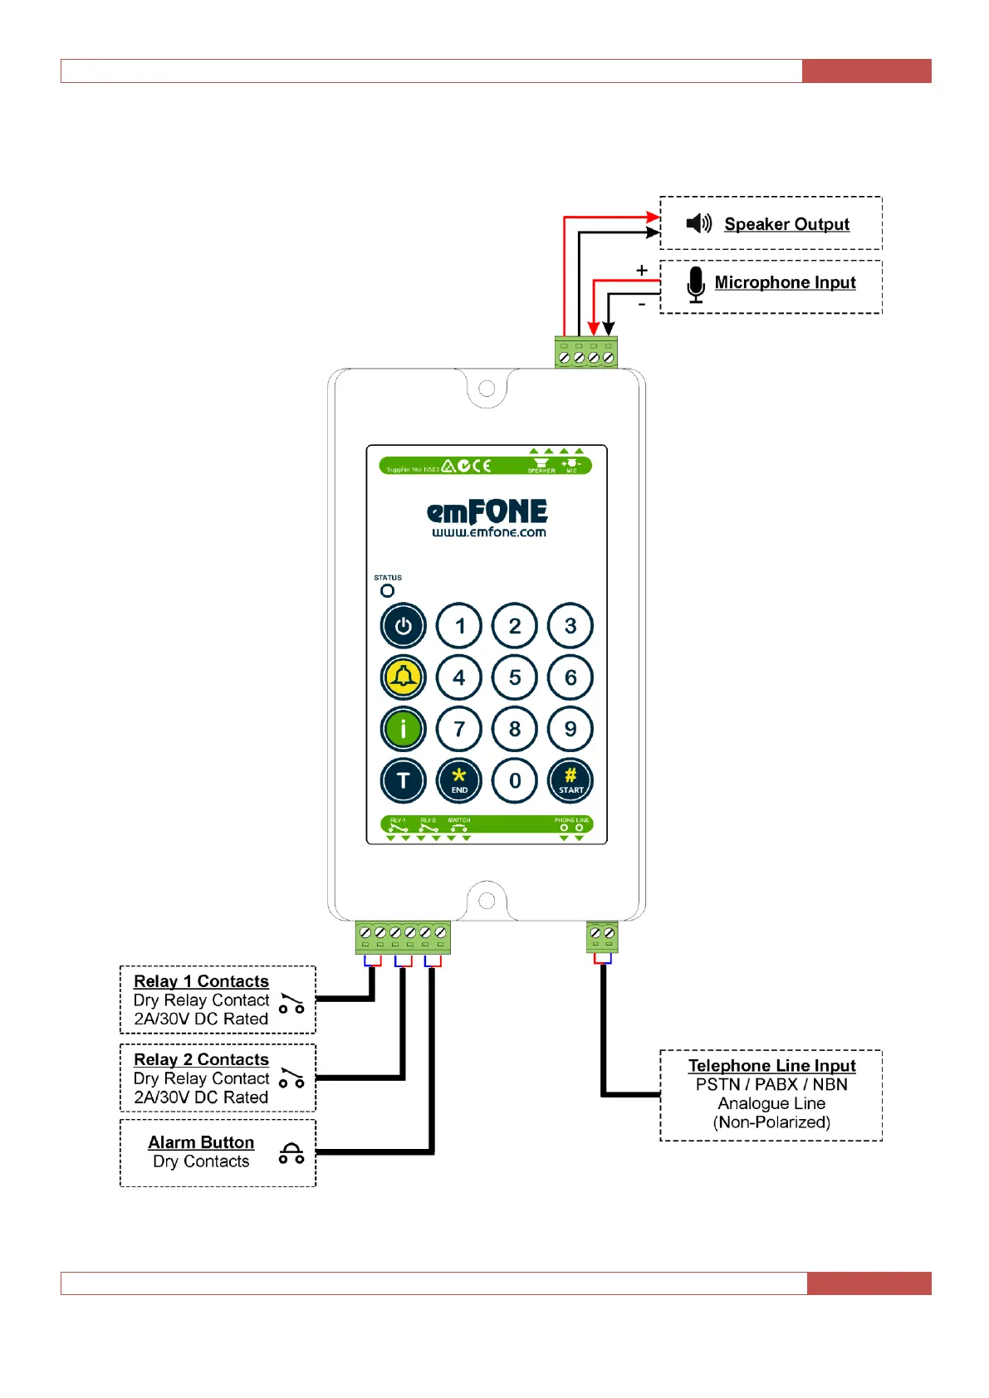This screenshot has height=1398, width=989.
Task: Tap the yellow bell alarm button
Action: tap(404, 677)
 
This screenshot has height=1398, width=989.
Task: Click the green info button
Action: tap(404, 729)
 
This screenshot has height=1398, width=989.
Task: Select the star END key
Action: tap(459, 780)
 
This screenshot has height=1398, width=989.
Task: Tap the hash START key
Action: tap(570, 780)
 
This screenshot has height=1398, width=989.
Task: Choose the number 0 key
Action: tap(515, 780)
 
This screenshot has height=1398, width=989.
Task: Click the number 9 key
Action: tap(570, 729)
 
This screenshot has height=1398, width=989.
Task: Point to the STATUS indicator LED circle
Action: tap(387, 591)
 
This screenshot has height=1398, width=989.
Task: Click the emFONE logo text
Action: tap(487, 511)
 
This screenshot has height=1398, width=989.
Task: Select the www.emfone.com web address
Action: tap(488, 533)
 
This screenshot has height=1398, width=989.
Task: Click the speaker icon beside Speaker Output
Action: tap(699, 223)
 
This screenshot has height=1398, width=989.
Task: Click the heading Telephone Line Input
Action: tap(771, 1066)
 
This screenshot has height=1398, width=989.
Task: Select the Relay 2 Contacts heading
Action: tap(201, 1059)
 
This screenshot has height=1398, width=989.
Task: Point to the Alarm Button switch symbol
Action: tap(291, 1153)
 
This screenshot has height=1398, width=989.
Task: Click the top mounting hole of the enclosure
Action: tap(487, 389)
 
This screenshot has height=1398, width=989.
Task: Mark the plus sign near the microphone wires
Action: tap(641, 271)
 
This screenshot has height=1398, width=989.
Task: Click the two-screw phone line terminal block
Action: tap(602, 936)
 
